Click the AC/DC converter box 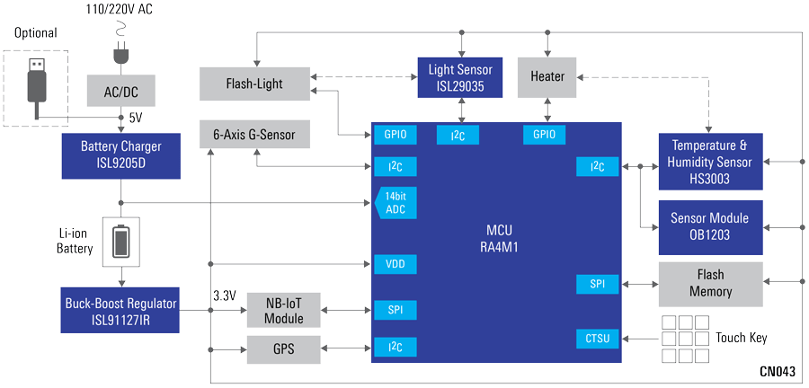click(121, 91)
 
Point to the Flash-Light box click(253, 84)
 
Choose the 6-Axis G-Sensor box click(260, 136)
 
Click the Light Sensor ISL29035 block click(460, 77)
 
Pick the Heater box click(547, 77)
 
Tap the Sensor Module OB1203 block click(710, 226)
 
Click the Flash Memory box click(710, 284)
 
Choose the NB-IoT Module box click(283, 310)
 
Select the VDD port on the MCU click(395, 264)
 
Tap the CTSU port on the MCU click(598, 339)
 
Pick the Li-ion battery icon click(121, 240)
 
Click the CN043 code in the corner click(777, 371)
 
